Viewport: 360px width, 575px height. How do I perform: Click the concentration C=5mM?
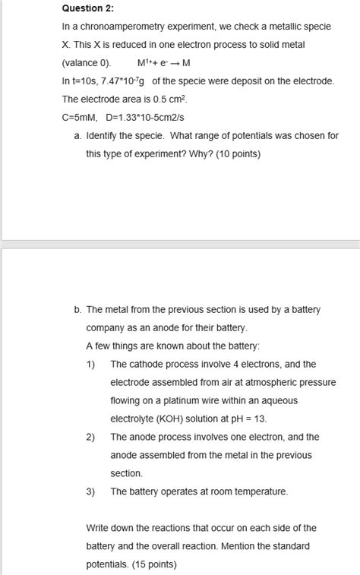click(x=79, y=117)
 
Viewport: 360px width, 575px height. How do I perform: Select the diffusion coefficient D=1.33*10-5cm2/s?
click(x=145, y=117)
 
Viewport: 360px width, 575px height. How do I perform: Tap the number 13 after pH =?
click(x=261, y=419)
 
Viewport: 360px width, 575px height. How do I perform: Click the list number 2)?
click(x=90, y=437)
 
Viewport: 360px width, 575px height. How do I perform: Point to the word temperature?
click(x=260, y=491)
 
